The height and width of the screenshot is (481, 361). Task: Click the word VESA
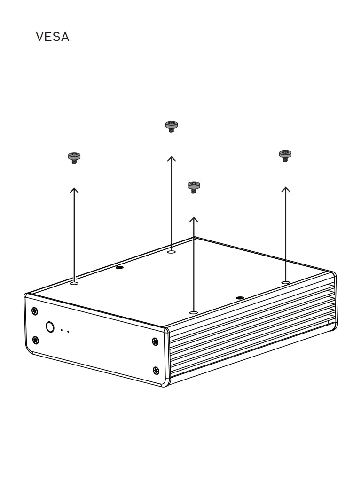pyautogui.click(x=53, y=37)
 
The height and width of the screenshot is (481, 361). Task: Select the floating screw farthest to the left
pyautogui.click(x=74, y=157)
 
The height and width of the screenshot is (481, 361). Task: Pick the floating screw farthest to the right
pyautogui.click(x=285, y=155)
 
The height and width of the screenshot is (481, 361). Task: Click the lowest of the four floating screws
pyautogui.click(x=193, y=186)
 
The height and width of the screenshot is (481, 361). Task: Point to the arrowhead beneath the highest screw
pyautogui.click(x=172, y=158)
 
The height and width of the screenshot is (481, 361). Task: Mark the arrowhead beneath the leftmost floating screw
pyautogui.click(x=74, y=190)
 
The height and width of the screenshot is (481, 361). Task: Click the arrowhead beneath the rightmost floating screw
pyautogui.click(x=285, y=189)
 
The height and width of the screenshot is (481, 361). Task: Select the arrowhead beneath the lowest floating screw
pyautogui.click(x=193, y=219)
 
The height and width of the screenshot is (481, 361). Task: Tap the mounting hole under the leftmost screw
pyautogui.click(x=74, y=283)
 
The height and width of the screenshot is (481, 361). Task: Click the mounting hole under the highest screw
pyautogui.click(x=172, y=252)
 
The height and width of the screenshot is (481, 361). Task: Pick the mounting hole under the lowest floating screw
pyautogui.click(x=193, y=312)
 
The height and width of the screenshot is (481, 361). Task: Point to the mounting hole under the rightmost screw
pyautogui.click(x=285, y=282)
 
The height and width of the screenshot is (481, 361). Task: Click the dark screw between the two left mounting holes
pyautogui.click(x=119, y=267)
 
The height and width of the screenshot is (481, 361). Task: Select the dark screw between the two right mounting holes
pyautogui.click(x=240, y=298)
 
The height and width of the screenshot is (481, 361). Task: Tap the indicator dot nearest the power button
pyautogui.click(x=62, y=330)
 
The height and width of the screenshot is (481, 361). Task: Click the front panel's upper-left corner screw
pyautogui.click(x=35, y=310)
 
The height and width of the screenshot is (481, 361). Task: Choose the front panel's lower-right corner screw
pyautogui.click(x=156, y=371)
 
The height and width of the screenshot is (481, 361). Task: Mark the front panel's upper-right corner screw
pyautogui.click(x=156, y=341)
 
